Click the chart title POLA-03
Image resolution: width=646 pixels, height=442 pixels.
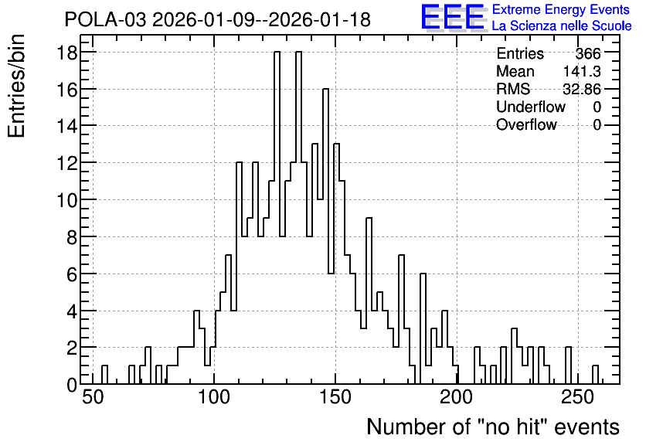105,19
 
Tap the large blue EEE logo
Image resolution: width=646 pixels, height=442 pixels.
453,17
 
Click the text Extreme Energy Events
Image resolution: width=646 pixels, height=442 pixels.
561,9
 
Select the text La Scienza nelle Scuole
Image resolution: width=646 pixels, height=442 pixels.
562,25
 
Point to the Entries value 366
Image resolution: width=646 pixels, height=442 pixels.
588,53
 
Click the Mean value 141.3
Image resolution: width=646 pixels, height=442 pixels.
582,71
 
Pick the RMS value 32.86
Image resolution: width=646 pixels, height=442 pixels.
582,89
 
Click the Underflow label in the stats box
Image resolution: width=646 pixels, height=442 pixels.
531,107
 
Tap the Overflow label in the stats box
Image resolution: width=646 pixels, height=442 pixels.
526,124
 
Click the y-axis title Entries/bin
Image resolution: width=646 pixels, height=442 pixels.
16,86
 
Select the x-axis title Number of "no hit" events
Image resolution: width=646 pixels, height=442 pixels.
493,427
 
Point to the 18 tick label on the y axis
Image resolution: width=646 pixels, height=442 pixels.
67,52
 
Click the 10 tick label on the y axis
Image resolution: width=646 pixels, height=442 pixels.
67,200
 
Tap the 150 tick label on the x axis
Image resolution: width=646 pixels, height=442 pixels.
336,397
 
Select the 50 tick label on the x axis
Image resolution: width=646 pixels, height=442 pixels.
93,397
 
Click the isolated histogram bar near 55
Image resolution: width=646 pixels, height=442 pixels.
104,375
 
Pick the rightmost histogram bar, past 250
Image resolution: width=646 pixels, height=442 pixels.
595,375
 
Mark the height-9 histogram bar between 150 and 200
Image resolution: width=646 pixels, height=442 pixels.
369,301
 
